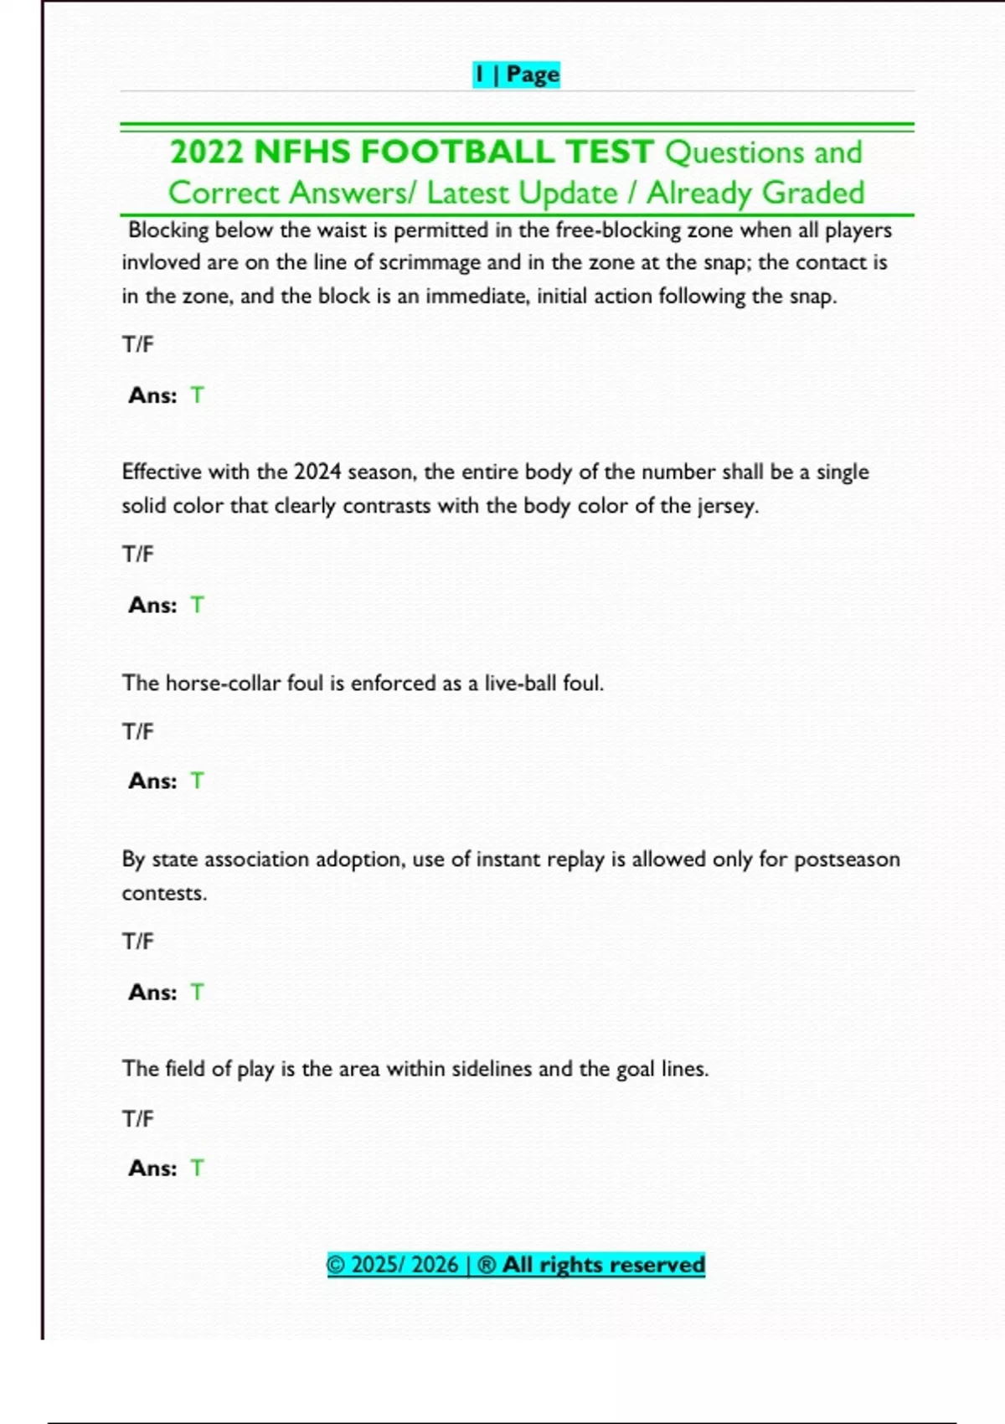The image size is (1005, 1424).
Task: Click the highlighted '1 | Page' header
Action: tap(516, 75)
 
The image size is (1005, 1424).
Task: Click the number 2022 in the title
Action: tap(206, 152)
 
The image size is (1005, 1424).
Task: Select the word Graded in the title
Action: tap(813, 193)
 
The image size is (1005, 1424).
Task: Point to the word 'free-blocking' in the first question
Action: tap(618, 230)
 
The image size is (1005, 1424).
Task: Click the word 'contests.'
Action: tap(164, 894)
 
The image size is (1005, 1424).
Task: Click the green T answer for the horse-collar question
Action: tap(197, 782)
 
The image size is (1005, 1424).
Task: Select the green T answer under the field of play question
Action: tap(197, 1169)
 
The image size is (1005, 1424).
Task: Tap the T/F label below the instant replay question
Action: tap(138, 942)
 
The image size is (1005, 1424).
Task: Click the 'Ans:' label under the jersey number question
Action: tap(152, 606)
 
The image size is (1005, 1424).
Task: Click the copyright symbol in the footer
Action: tap(336, 1265)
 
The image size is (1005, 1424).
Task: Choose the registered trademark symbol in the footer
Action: tap(487, 1265)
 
